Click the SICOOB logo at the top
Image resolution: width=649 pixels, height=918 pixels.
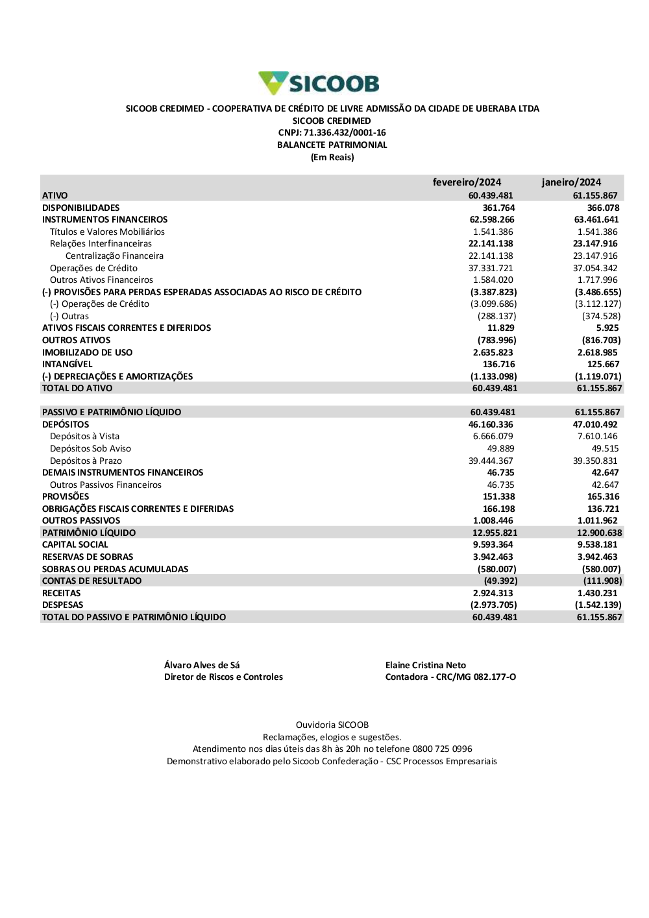point(319,84)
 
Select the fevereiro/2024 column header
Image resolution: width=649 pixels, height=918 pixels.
point(467,182)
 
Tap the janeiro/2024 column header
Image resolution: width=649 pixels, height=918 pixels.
point(571,182)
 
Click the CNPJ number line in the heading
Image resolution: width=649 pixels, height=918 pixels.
point(332,132)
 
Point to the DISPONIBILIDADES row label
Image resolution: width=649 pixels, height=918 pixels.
point(81,208)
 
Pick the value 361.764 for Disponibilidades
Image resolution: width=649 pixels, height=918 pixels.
point(498,208)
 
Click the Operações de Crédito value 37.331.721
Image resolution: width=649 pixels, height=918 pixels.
point(491,268)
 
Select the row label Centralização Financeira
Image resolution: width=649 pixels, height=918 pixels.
point(114,256)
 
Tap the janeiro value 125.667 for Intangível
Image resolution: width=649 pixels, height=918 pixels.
point(603,364)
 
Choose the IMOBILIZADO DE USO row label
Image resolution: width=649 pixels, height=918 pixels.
point(87,352)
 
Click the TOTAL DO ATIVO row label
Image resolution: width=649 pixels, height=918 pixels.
point(77,388)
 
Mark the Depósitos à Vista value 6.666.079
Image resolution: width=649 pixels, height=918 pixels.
point(493,436)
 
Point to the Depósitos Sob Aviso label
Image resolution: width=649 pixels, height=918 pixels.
point(90,448)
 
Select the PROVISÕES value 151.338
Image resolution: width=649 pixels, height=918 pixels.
point(498,496)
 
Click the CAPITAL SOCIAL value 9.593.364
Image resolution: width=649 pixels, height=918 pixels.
point(493,544)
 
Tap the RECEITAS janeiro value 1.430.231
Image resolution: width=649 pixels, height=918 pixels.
point(597,593)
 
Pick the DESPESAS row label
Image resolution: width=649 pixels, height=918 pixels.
point(63,605)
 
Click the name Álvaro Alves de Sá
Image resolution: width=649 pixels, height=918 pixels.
point(202,665)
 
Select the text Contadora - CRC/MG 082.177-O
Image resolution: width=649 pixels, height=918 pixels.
point(450,677)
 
